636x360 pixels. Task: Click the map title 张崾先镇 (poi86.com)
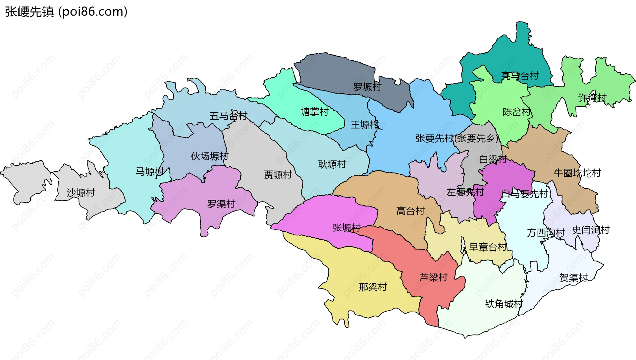[x=66, y=12]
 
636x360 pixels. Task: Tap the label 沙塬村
[x=81, y=193]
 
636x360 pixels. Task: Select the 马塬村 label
[x=150, y=172]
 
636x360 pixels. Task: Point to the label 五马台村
[x=228, y=116]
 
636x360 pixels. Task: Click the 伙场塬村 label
[x=210, y=156]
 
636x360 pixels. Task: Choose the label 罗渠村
[x=221, y=204]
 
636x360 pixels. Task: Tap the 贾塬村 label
[x=278, y=175]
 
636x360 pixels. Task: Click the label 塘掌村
[x=314, y=112]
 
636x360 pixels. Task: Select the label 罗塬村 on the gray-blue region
[x=367, y=87]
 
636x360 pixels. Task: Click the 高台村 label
[x=410, y=211]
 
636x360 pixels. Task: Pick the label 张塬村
[x=346, y=228]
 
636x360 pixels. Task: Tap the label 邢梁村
[x=373, y=287]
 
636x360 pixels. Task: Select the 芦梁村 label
[x=433, y=277]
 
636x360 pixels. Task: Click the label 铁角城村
[x=503, y=304]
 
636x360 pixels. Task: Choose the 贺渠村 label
[x=573, y=278]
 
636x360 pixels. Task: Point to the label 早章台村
[x=488, y=247]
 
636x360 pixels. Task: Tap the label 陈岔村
[x=517, y=112]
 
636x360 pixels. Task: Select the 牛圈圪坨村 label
[x=577, y=173]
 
